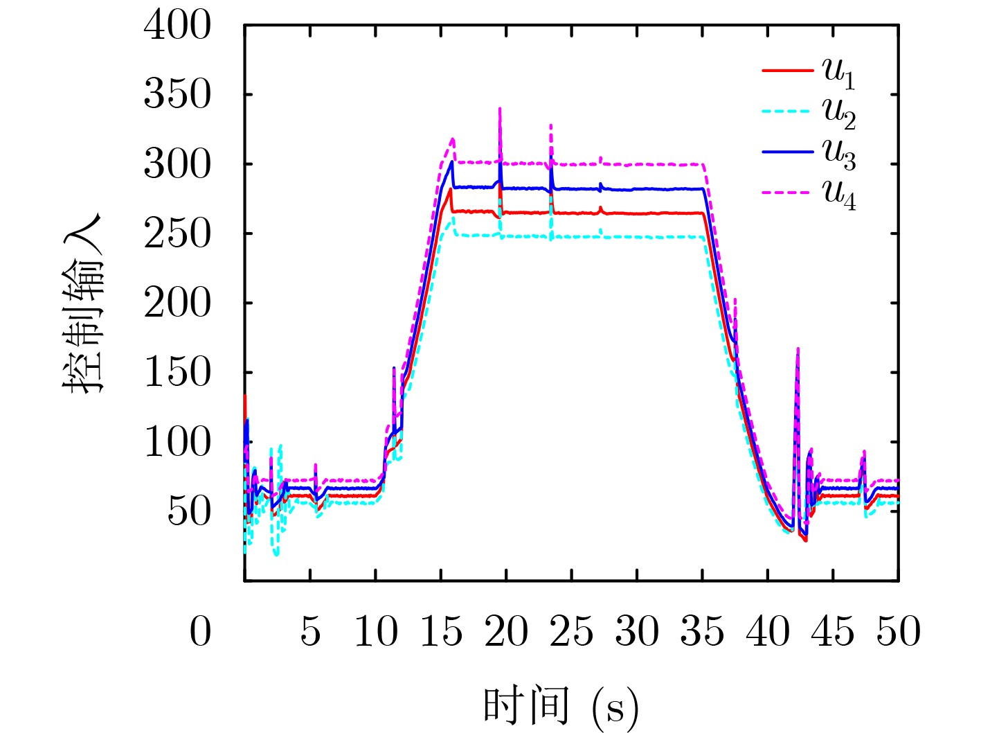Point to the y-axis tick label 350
click(177, 95)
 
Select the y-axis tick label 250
click(177, 233)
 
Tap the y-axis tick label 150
click(177, 372)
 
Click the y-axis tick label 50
click(188, 511)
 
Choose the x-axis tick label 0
click(200, 632)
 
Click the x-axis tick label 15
click(442, 632)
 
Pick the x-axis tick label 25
click(572, 632)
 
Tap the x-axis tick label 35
click(702, 632)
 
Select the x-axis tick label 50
click(899, 632)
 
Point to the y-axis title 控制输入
click(83, 303)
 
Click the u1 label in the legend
click(838, 73)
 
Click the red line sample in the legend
click(786, 71)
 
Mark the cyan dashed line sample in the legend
click(786, 111)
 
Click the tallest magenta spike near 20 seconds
click(499, 109)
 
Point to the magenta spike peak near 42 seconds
click(798, 349)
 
